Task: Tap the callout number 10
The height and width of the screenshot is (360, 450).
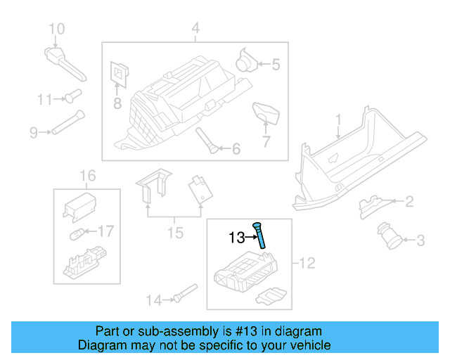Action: coord(56,29)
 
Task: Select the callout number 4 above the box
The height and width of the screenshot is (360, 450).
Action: coord(195,29)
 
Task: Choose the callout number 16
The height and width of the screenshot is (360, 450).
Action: coord(86,175)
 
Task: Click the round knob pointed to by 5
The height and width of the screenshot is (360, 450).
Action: coord(246,60)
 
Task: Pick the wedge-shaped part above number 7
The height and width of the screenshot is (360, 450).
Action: coord(266,111)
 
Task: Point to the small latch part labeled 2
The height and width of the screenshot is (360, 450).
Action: coord(370,205)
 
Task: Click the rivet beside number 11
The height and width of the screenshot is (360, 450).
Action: coord(73,95)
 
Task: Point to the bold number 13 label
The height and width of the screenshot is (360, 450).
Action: coord(236,238)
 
